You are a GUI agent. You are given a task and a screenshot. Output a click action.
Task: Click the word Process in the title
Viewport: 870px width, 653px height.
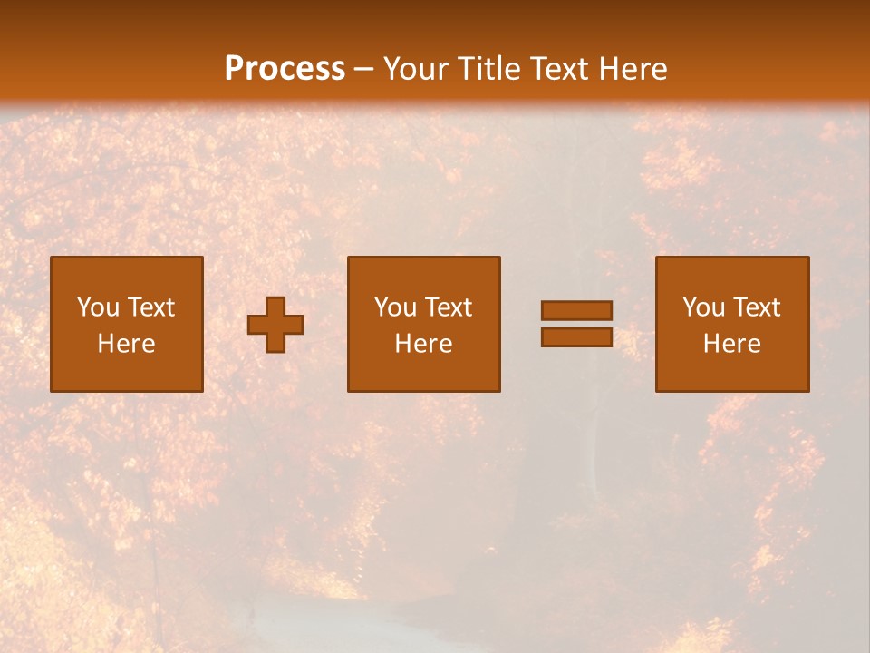(285, 69)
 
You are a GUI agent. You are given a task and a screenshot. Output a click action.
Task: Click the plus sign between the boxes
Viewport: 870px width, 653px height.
(275, 325)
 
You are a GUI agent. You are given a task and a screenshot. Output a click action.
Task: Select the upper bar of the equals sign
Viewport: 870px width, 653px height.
(576, 310)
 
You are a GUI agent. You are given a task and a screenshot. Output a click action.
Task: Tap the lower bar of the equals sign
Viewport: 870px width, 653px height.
(576, 337)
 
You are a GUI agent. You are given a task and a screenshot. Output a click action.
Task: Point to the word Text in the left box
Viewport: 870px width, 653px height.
(150, 307)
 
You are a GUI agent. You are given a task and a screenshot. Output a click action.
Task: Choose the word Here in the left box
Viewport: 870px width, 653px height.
(126, 344)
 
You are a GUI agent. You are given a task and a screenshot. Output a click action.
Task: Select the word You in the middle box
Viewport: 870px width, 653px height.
(395, 307)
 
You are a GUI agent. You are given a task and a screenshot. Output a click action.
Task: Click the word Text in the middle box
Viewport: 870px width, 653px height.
(448, 307)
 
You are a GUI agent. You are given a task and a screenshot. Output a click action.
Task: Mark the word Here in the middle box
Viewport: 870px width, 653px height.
(423, 344)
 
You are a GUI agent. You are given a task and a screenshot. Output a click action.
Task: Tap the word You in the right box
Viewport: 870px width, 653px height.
(703, 307)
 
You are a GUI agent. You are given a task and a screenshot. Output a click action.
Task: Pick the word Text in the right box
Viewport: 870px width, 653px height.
(756, 307)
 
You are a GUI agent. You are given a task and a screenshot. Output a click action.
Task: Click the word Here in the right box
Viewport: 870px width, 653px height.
(731, 344)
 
